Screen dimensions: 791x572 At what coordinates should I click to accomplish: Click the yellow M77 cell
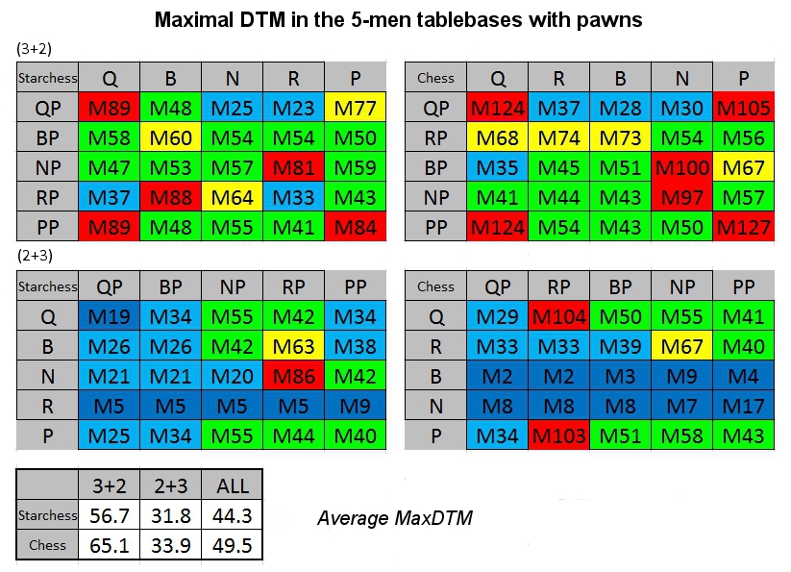tap(356, 108)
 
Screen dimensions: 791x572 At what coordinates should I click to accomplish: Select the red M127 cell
tap(744, 227)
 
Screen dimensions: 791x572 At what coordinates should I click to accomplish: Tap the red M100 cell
tap(682, 167)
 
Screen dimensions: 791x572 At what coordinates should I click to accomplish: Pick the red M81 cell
tap(293, 167)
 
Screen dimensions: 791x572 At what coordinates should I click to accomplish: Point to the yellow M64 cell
tap(232, 197)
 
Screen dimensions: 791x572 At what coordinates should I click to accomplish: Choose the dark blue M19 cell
tap(109, 316)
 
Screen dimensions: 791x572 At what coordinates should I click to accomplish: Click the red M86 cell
tap(293, 376)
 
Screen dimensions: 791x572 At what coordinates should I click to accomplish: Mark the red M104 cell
tap(559, 316)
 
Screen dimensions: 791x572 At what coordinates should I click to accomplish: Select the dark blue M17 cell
tap(744, 406)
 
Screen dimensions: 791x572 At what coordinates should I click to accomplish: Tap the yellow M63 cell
tap(293, 346)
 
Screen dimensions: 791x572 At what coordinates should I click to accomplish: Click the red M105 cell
tap(744, 108)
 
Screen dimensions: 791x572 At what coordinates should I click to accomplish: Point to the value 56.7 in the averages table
tap(109, 515)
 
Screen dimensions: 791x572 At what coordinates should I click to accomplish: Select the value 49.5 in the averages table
tap(232, 545)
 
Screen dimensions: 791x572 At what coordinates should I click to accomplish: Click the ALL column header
tap(232, 485)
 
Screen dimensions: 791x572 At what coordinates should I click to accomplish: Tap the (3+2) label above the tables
tap(35, 48)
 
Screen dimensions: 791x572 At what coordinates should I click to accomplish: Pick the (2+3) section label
tap(35, 256)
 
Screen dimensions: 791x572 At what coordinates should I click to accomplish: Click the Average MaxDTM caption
tap(395, 518)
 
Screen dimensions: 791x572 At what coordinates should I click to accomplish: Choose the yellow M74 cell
tap(559, 137)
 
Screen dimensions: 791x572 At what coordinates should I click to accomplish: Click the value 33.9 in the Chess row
tap(170, 545)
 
